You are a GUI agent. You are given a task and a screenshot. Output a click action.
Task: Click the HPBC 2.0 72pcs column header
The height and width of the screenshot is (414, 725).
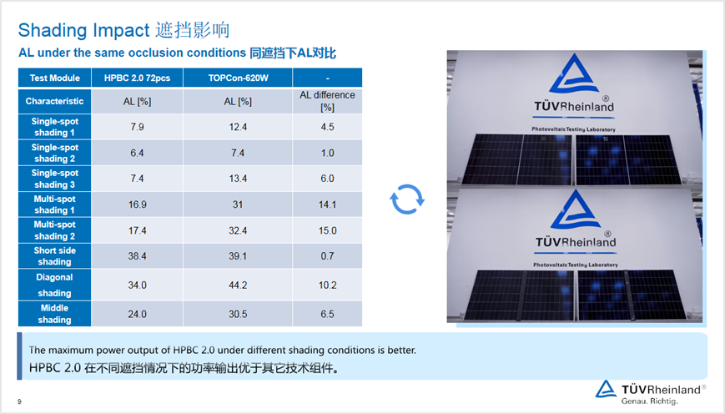(137, 78)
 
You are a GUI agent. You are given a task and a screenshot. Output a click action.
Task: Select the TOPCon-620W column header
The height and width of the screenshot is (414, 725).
(238, 78)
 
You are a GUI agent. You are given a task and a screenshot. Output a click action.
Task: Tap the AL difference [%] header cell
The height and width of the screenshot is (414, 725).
(327, 101)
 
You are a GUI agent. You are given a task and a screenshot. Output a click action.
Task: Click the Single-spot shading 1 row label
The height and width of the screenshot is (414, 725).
(54, 127)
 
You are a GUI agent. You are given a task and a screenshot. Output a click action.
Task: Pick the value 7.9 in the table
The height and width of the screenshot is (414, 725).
(137, 127)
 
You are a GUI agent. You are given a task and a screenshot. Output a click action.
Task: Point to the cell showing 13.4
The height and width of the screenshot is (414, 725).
(238, 179)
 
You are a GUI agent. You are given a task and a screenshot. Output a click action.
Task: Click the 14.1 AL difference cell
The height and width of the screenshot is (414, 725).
(327, 204)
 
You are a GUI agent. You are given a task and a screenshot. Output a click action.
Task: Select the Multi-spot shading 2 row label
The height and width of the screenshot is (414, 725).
(54, 230)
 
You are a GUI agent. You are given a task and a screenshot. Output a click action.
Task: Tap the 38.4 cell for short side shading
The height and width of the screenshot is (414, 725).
(137, 256)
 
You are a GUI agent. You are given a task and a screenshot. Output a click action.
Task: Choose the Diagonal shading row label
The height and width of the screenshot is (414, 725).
(54, 285)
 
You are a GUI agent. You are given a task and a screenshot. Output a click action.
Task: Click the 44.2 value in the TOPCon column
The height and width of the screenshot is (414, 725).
(238, 285)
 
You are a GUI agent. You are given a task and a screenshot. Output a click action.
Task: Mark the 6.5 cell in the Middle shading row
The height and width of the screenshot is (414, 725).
(327, 314)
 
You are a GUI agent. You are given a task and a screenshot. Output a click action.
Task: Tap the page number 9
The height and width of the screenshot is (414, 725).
(19, 401)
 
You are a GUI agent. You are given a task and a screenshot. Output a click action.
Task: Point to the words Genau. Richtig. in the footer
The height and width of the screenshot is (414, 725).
(649, 401)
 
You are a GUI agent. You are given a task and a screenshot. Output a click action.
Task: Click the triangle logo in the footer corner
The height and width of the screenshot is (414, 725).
(606, 390)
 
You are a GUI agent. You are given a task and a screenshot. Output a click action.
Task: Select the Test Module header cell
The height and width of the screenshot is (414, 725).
(54, 78)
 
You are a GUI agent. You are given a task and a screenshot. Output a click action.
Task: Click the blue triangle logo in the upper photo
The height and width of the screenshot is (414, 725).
(573, 74)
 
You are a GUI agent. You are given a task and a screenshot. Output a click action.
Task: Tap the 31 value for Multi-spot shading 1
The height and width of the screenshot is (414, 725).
(238, 204)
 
